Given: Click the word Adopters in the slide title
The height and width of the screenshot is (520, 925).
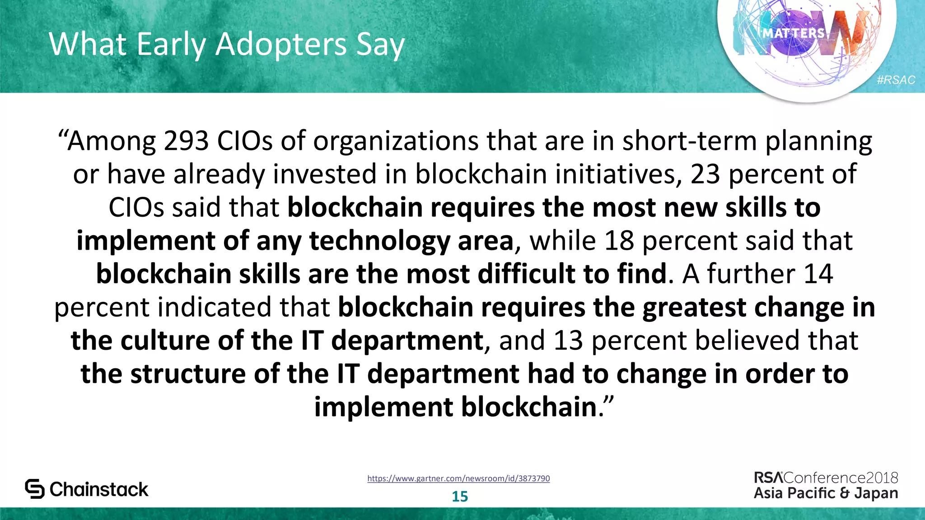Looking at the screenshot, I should pyautogui.click(x=281, y=45).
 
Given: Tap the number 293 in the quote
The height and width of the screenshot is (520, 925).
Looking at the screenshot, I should pyautogui.click(x=186, y=141).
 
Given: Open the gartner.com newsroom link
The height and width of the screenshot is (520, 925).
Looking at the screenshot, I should pyautogui.click(x=458, y=478).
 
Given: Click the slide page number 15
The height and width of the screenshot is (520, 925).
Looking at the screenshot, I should pyautogui.click(x=460, y=497).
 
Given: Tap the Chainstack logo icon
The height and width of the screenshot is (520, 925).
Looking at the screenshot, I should pyautogui.click(x=35, y=489).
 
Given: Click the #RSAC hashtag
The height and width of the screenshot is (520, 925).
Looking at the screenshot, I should pyautogui.click(x=896, y=80).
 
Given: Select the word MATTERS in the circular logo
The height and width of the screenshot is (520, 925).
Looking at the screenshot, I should pyautogui.click(x=794, y=33).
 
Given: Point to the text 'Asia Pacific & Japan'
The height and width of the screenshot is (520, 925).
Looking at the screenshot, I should pyautogui.click(x=826, y=493).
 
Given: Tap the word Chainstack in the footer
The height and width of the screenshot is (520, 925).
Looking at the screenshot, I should pyautogui.click(x=99, y=489).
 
